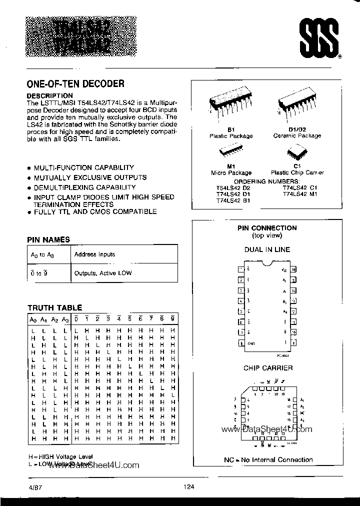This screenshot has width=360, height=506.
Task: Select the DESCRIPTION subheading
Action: [x=49, y=95]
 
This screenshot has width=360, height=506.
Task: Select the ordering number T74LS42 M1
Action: [x=300, y=193]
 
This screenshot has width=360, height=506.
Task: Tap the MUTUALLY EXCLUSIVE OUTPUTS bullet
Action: [x=90, y=177]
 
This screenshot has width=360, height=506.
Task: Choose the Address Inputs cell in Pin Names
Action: [x=94, y=254]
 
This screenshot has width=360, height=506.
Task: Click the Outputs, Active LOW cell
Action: [x=102, y=273]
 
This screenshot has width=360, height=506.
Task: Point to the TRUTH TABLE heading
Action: [x=54, y=308]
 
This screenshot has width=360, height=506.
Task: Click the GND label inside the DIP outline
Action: [x=251, y=343]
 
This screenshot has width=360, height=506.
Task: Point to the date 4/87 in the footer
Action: [x=29, y=488]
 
